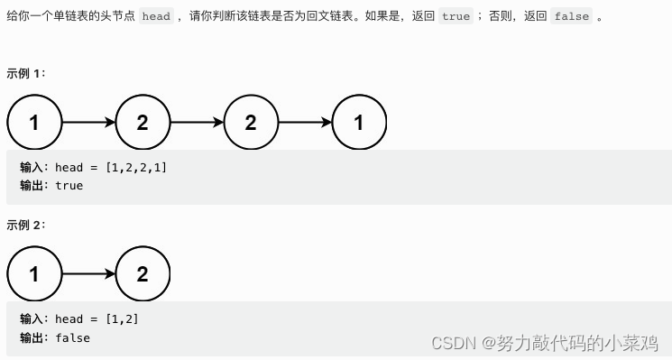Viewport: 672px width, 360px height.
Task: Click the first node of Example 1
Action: click(x=34, y=122)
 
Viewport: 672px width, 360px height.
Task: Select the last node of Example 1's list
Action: click(x=359, y=122)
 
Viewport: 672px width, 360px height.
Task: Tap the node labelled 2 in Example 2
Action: click(x=143, y=273)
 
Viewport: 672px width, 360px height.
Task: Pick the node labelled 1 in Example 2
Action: click(x=34, y=273)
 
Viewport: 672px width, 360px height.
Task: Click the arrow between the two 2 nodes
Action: click(x=197, y=122)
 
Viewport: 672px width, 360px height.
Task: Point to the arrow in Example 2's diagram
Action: click(x=88, y=273)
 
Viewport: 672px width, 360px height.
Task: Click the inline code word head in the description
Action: click(x=156, y=16)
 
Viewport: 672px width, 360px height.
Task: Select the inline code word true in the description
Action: click(x=456, y=16)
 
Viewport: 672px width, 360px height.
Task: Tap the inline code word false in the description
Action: click(x=571, y=16)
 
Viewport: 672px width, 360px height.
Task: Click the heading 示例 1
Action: click(x=26, y=73)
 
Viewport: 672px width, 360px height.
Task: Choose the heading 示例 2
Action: click(x=26, y=225)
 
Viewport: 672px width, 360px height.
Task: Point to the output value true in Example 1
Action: click(x=69, y=186)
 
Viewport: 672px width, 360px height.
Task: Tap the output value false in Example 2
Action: click(x=72, y=337)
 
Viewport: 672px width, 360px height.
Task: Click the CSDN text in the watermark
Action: click(x=454, y=343)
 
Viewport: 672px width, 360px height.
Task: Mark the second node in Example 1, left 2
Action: click(x=143, y=122)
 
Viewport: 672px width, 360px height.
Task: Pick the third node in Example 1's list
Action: click(x=251, y=122)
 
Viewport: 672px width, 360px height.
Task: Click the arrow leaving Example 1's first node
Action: click(x=88, y=122)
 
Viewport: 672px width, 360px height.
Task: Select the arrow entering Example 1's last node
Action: click(x=305, y=122)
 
